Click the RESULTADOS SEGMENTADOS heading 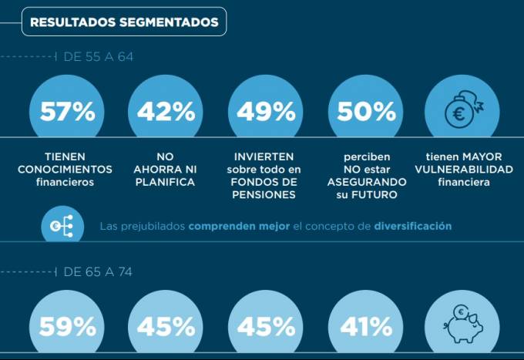pos(124,22)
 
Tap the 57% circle pos(67,112)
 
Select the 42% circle pos(166,112)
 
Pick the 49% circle pos(266,112)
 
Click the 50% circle pos(366,112)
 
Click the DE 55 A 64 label pos(99,57)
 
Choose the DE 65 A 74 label pos(99,271)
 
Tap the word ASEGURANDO pos(366,182)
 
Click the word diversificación pos(412,227)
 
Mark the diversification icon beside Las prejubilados pos(61,226)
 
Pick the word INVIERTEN pos(264,156)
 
